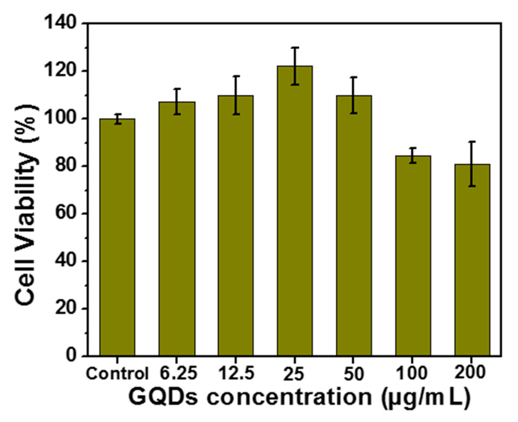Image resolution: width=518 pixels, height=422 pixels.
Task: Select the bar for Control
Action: (x=117, y=237)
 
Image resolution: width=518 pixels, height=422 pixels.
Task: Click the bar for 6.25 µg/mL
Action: (x=177, y=228)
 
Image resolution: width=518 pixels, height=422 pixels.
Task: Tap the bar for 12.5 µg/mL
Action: (x=236, y=225)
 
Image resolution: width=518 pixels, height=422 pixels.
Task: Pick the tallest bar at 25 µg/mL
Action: (x=295, y=211)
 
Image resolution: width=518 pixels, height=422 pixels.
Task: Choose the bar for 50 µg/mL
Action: (x=354, y=225)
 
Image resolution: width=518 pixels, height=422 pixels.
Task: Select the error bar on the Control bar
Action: (x=117, y=119)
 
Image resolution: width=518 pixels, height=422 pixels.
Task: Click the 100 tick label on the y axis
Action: (x=60, y=119)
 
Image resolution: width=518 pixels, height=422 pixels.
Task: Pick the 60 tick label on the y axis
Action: (x=65, y=214)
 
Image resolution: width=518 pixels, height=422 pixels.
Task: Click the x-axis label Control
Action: (x=117, y=374)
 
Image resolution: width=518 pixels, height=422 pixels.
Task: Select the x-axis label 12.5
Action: (x=236, y=373)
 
